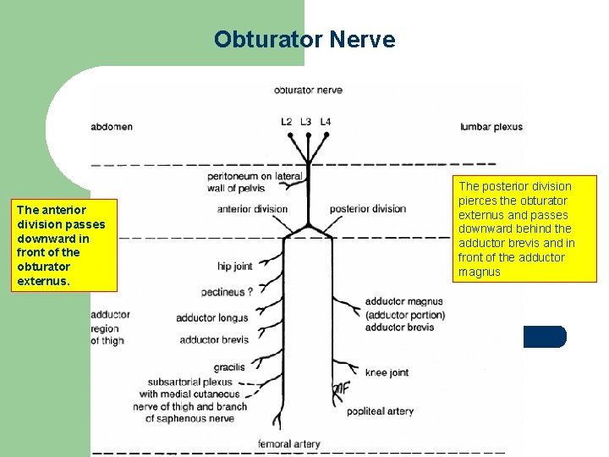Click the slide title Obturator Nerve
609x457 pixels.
click(304, 40)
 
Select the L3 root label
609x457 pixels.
click(306, 122)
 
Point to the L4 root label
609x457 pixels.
click(326, 122)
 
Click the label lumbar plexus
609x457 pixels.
click(491, 127)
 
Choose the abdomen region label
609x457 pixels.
click(112, 127)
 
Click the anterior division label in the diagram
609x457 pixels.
click(252, 209)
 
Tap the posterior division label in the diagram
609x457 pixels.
click(368, 209)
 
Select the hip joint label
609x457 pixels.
click(234, 267)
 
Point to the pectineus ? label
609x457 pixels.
click(227, 292)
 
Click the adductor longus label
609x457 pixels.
click(212, 318)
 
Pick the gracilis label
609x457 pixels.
click(229, 367)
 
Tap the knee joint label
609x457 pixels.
click(387, 372)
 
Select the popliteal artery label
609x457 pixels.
click(380, 411)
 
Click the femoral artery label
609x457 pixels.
click(288, 443)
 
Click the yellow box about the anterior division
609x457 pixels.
click(62, 245)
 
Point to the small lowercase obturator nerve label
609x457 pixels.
click(307, 90)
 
